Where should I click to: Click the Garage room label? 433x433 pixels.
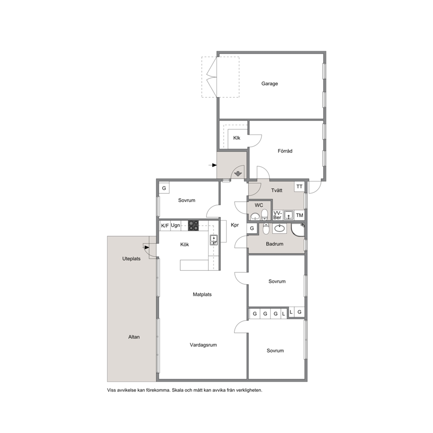pyautogui.click(x=269, y=83)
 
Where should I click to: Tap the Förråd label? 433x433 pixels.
pyautogui.click(x=285, y=151)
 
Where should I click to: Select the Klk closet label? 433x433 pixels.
pyautogui.click(x=237, y=138)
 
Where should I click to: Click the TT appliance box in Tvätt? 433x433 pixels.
pyautogui.click(x=299, y=187)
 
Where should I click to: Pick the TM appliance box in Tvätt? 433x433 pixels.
pyautogui.click(x=299, y=215)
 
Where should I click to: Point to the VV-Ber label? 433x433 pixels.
pyautogui.click(x=277, y=215)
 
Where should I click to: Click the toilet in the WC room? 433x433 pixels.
pyautogui.click(x=264, y=214)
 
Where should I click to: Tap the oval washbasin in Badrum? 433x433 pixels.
pyautogui.click(x=279, y=228)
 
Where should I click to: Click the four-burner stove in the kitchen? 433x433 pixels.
pyautogui.click(x=193, y=225)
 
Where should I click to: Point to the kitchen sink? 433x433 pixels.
pyautogui.click(x=213, y=240)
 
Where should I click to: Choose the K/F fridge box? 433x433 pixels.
pyautogui.click(x=165, y=226)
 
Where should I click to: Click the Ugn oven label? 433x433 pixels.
pyautogui.click(x=175, y=225)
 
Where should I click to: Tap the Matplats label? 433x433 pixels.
pyautogui.click(x=202, y=294)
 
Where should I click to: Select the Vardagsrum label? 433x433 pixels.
pyautogui.click(x=203, y=345)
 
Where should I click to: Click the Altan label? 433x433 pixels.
pyautogui.click(x=134, y=337)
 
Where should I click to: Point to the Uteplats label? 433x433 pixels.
pyautogui.click(x=131, y=259)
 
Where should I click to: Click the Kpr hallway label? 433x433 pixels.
pyautogui.click(x=235, y=225)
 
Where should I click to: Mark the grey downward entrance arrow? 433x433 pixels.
pyautogui.click(x=238, y=174)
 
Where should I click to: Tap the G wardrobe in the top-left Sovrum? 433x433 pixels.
pyautogui.click(x=164, y=188)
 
